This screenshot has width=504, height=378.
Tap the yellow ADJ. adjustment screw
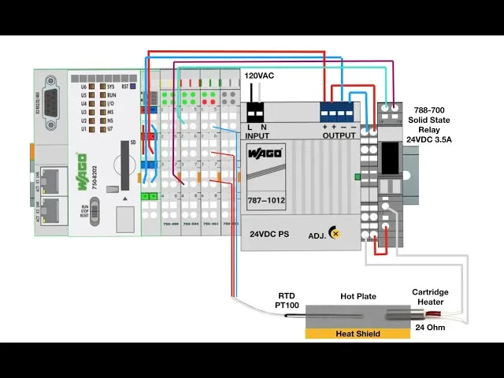(335, 233)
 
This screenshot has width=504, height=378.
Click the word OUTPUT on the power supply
(339, 135)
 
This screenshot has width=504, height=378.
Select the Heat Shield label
(358, 334)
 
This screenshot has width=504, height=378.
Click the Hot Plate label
(358, 297)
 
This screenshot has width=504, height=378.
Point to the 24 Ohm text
(430, 327)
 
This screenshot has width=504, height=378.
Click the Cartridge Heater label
(430, 298)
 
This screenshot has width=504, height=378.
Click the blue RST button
(135, 86)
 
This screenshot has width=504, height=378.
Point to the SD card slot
(123, 165)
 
